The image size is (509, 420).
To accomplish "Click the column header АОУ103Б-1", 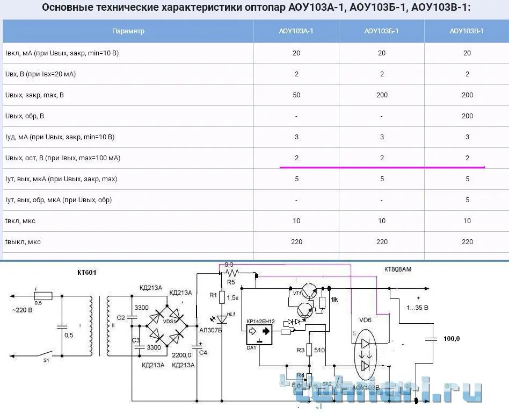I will click(381, 31).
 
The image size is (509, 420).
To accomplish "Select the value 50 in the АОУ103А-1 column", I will click(296, 95).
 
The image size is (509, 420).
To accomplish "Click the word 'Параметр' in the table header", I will click(128, 31).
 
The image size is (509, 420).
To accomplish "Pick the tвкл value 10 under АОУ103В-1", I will click(467, 221).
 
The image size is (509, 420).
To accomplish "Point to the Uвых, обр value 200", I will click(467, 116).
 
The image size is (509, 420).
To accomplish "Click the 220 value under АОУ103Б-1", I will click(382, 242).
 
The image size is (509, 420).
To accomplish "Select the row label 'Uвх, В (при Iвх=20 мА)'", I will click(40, 74).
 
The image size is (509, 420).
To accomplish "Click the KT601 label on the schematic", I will click(87, 273).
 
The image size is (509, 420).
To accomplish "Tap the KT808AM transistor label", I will click(398, 269).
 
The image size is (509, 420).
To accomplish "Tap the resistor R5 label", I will click(231, 281).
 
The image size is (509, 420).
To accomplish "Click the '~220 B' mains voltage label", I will click(23, 310).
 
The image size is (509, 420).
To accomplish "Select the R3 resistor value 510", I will click(319, 350).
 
